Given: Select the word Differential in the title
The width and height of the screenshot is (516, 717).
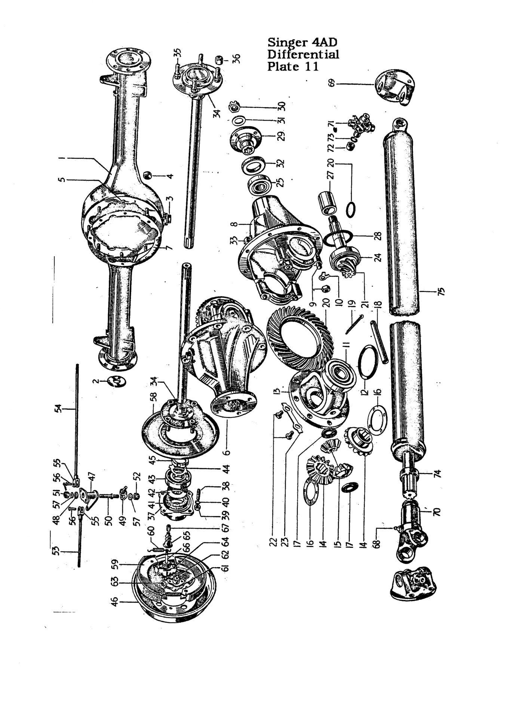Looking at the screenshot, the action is tap(303, 55).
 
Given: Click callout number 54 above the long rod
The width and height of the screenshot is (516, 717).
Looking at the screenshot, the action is tap(58, 410).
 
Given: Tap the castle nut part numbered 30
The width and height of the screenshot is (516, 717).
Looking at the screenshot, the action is tap(234, 107).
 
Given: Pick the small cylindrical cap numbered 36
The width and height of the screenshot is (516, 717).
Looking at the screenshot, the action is tap(220, 59).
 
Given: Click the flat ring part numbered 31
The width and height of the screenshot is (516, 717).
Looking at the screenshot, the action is tap(239, 120).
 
